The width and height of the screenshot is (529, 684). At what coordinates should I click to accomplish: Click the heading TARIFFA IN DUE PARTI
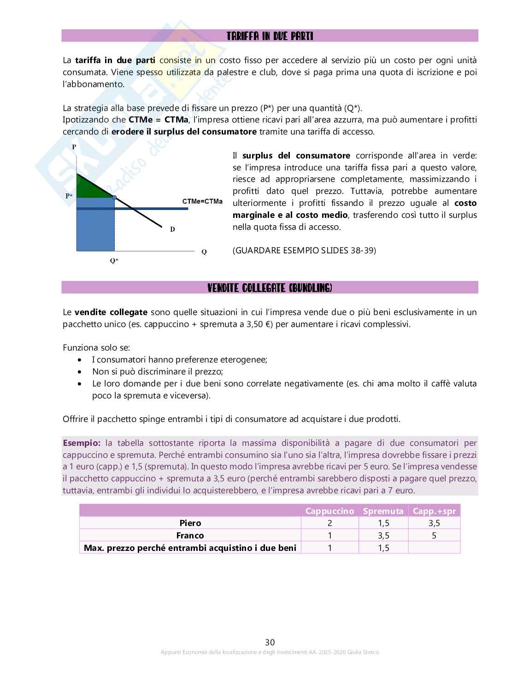[x=270, y=36]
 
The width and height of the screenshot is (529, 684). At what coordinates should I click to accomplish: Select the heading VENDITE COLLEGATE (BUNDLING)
[x=270, y=288]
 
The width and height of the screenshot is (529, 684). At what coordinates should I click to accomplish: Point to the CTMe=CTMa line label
[x=202, y=201]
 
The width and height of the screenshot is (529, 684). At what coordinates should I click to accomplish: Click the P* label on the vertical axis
[x=69, y=196]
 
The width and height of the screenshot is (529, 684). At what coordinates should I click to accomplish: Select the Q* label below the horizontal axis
[x=114, y=261]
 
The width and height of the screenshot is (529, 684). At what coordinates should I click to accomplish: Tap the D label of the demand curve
[x=172, y=229]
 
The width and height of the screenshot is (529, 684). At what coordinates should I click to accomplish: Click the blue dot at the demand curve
[x=114, y=197]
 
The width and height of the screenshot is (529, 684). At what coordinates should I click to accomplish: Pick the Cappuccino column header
[x=329, y=511]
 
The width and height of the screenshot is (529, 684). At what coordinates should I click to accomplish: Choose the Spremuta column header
[x=383, y=511]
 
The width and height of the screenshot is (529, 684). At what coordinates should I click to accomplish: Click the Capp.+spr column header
[x=434, y=511]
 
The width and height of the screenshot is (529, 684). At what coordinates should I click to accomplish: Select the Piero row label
[x=190, y=523]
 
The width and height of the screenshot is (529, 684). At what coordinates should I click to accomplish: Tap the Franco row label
[x=190, y=535]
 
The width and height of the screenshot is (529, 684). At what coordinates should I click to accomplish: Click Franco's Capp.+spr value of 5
[x=434, y=535]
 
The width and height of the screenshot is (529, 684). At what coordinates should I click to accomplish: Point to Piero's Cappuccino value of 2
[x=329, y=523]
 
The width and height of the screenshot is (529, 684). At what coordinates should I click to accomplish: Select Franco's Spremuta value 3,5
[x=383, y=535]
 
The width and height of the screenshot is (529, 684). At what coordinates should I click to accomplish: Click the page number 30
[x=270, y=642]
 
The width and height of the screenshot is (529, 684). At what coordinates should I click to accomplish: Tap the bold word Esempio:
[x=82, y=443]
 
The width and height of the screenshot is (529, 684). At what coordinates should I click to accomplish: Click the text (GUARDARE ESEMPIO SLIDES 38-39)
[x=304, y=251]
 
